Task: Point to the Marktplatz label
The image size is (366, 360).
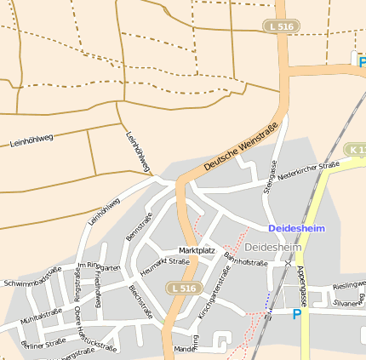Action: pos(197,250)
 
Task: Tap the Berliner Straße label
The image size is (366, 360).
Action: pos(43,343)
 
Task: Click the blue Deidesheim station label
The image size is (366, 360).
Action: pos(296,228)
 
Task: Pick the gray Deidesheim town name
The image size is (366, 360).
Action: pos(272,247)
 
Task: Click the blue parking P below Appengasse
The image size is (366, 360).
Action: pos(297,314)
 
